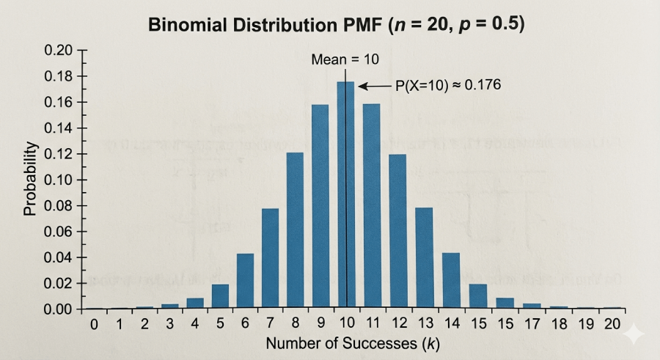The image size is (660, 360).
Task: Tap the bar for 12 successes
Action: pyautogui.click(x=397, y=232)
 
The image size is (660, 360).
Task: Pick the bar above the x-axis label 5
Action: pyautogui.click(x=220, y=296)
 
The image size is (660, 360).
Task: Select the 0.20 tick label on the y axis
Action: pyautogui.click(x=58, y=51)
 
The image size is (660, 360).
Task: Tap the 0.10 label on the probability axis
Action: pyautogui.click(x=58, y=180)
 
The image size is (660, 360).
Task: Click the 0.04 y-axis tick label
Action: pyautogui.click(x=58, y=257)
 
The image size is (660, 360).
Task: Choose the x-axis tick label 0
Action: pyautogui.click(x=94, y=324)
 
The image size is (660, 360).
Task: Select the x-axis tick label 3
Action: pyautogui.click(x=169, y=324)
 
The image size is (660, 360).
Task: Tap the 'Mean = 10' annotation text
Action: pyautogui.click(x=345, y=59)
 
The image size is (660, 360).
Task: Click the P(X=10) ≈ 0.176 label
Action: pyautogui.click(x=448, y=86)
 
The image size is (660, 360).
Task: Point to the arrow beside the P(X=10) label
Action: pyautogui.click(x=375, y=87)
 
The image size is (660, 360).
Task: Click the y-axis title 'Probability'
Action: pyautogui.click(x=29, y=179)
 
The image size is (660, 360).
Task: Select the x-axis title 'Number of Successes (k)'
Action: pyautogui.click(x=352, y=343)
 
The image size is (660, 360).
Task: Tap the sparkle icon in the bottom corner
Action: pyautogui.click(x=634, y=334)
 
